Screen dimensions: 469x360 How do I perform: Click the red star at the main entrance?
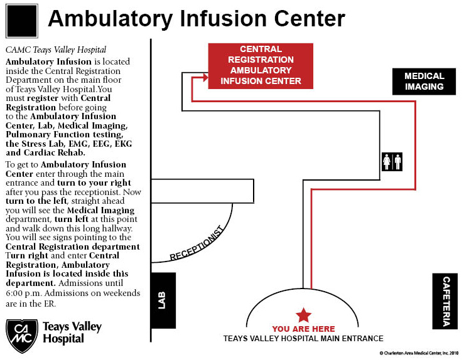[304, 315]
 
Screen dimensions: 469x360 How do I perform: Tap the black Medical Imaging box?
[424, 82]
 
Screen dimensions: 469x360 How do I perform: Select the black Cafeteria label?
[445, 301]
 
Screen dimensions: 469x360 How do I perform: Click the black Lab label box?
[164, 300]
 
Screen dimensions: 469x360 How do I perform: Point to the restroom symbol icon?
[392, 162]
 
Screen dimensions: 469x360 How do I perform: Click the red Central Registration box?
[261, 66]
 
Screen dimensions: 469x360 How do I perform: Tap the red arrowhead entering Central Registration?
[206, 77]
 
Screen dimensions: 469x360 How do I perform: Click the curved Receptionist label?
[197, 243]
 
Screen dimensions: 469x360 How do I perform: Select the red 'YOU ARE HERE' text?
[303, 329]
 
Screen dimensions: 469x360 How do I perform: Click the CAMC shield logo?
[22, 336]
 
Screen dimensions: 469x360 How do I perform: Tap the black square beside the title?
[22, 21]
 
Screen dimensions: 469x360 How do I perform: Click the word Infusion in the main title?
[224, 19]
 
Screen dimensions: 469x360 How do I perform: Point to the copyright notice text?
[419, 353]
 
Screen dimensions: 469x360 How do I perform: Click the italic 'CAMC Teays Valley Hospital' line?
[56, 50]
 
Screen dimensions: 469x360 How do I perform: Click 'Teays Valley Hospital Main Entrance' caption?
[303, 339]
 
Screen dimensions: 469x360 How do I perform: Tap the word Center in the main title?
[310, 19]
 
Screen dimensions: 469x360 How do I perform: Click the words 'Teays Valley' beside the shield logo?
[72, 327]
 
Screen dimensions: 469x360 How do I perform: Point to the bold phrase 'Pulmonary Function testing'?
[64, 134]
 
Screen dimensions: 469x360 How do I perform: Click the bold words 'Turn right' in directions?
[26, 256]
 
